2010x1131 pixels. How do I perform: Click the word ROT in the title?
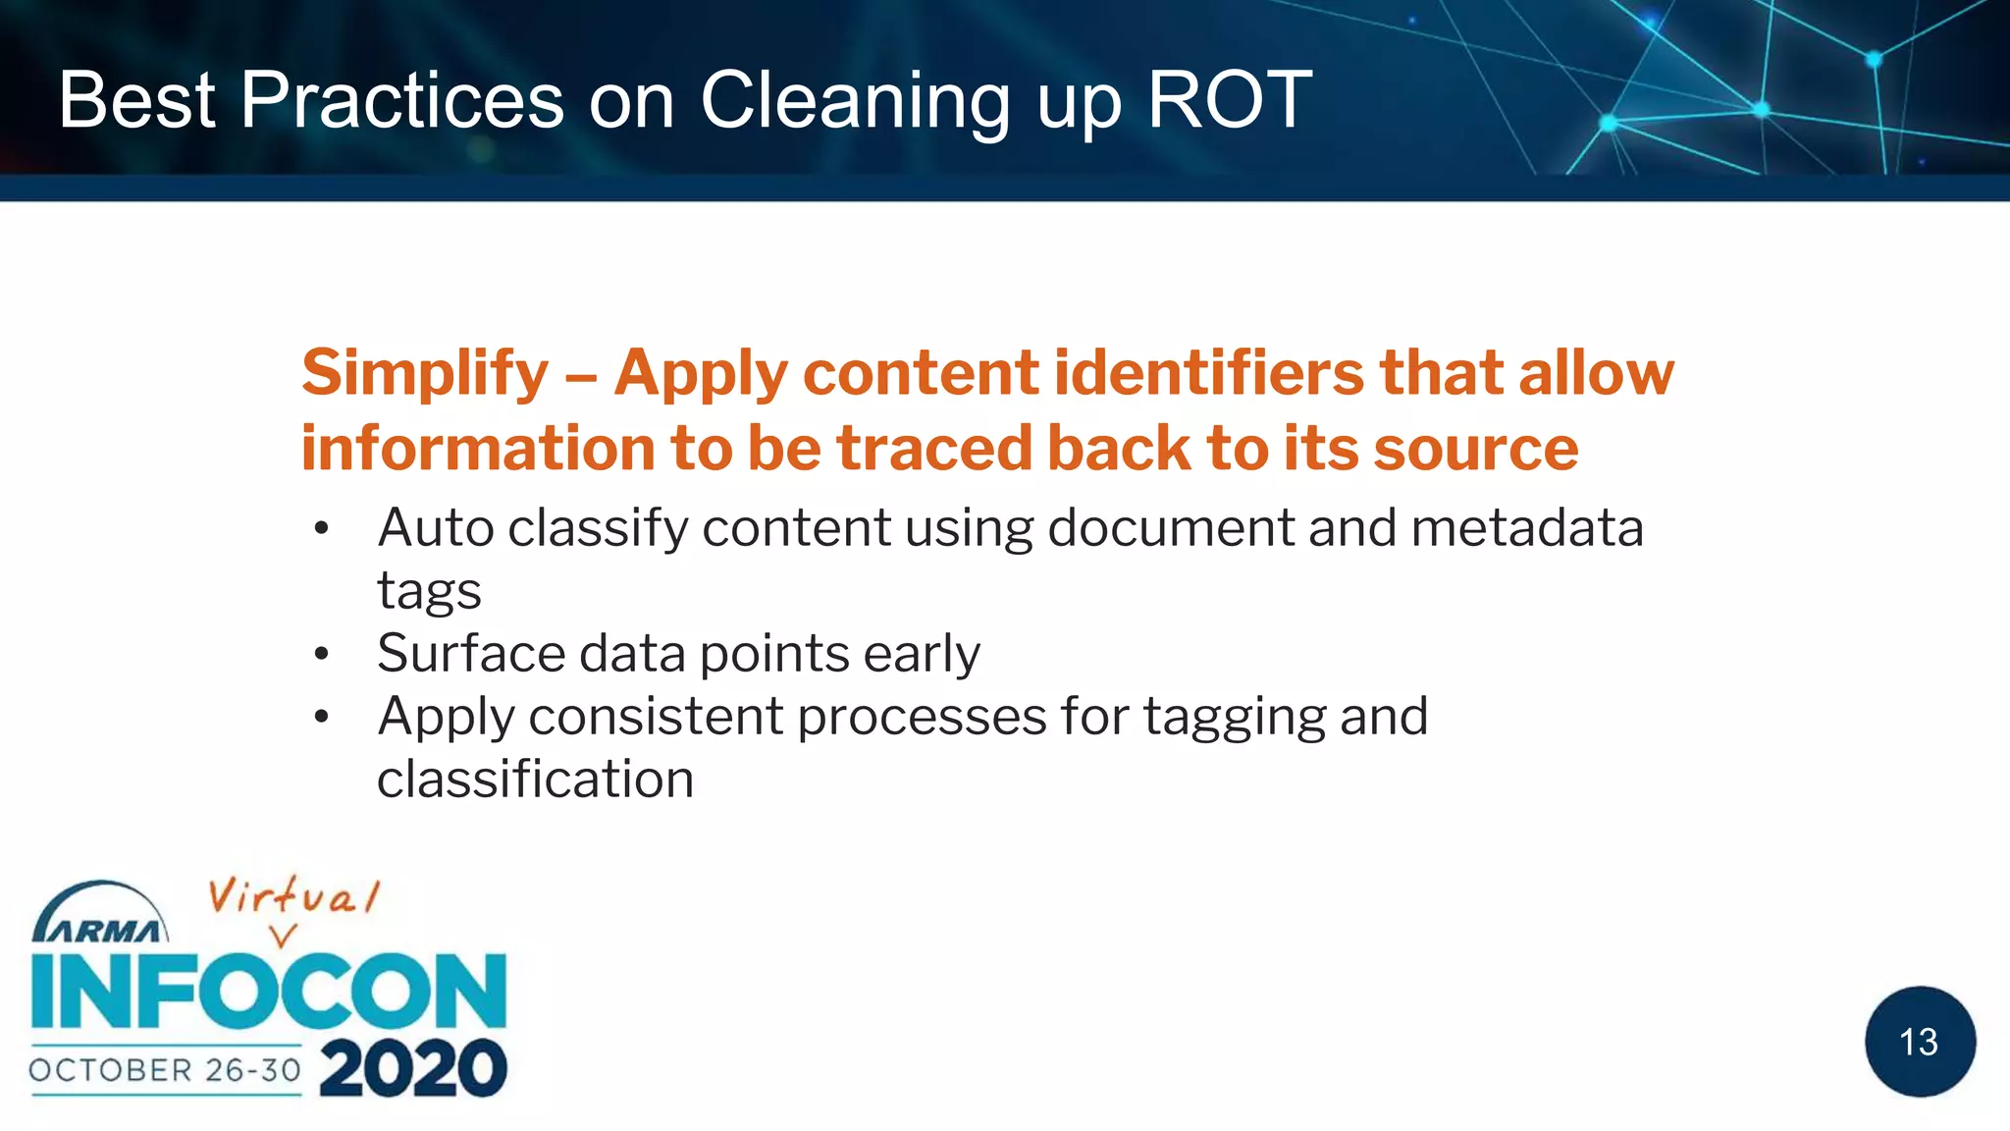1229,100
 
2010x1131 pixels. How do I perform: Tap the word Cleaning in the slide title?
855,102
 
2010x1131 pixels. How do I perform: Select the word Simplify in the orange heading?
425,374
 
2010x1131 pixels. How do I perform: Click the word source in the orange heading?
1476,449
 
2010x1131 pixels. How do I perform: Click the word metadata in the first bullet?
1526,528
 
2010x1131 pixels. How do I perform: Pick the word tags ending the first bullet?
429,592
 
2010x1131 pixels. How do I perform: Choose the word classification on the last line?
535,780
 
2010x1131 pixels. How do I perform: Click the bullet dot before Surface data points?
321,654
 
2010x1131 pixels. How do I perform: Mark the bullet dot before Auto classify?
321,529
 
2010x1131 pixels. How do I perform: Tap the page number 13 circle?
1919,1042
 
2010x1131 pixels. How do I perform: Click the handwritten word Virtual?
292,896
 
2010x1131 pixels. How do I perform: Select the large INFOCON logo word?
269,992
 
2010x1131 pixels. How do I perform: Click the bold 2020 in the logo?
412,1068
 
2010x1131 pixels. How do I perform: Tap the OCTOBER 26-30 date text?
165,1069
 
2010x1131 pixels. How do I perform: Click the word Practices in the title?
402,100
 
